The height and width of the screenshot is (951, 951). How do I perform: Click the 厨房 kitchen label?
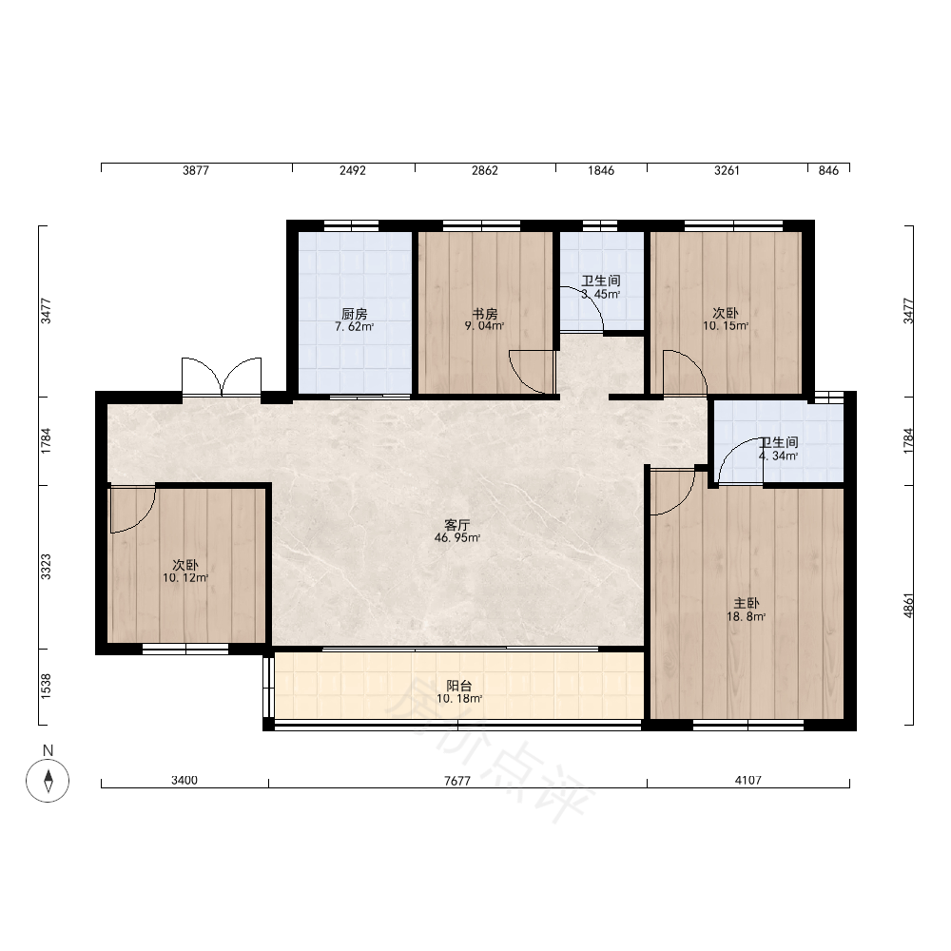point(354,314)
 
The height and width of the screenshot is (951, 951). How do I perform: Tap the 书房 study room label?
point(485,314)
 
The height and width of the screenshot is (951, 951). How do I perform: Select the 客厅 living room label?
point(457,525)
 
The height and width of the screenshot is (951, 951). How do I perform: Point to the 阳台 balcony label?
point(459,686)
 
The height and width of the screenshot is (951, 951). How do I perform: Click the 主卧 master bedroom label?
point(747,604)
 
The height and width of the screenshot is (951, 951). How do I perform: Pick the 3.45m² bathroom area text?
point(600,294)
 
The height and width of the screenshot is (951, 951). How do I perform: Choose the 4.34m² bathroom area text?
point(778,456)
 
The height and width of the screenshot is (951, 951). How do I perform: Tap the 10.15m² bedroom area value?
point(726,326)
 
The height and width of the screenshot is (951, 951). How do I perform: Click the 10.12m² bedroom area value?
point(185,578)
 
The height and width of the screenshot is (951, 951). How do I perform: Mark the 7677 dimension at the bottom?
point(457,781)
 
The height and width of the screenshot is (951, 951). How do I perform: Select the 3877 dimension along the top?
point(196,170)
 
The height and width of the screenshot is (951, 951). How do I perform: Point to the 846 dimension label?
point(828,170)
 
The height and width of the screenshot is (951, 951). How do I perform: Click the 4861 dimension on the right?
point(908,605)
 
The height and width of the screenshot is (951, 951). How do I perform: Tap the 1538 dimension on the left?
point(46,687)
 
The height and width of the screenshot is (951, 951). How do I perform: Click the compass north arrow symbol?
point(48,781)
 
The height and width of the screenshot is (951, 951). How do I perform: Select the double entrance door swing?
point(222,378)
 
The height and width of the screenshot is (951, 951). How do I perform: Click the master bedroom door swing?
point(672,492)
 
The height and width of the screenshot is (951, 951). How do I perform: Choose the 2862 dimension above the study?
point(485,170)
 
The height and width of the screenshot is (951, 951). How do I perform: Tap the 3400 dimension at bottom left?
point(184,780)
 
